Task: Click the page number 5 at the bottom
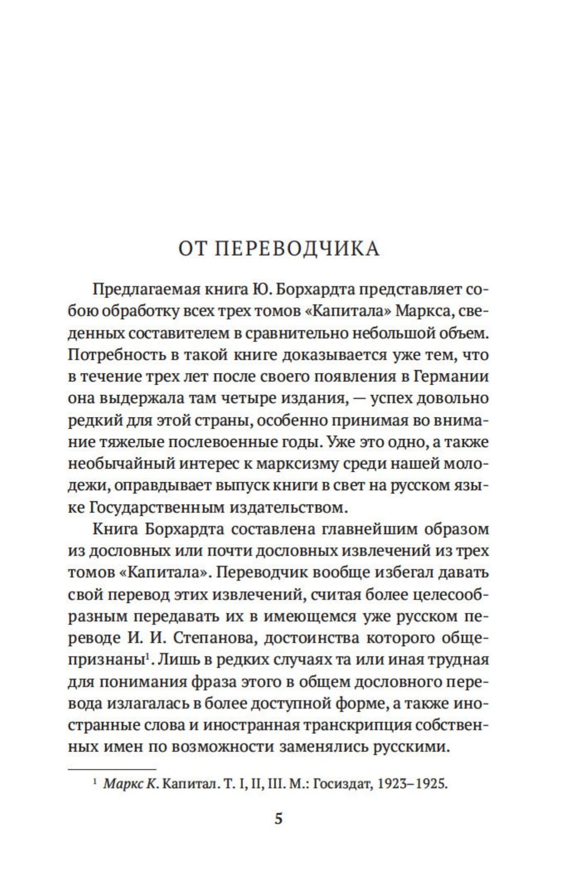click(278, 819)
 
